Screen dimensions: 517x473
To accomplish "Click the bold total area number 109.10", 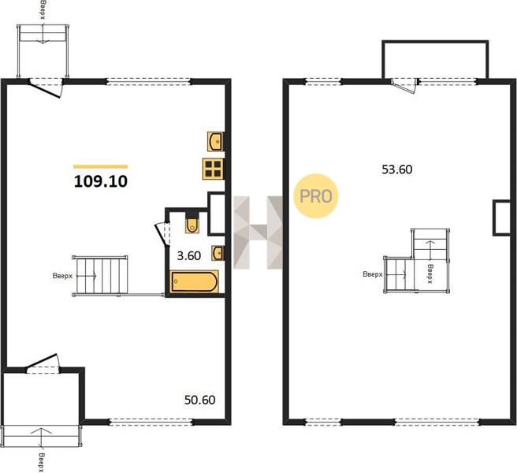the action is pyautogui.click(x=101, y=181).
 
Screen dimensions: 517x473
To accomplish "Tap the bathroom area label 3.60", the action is pyautogui.click(x=189, y=255).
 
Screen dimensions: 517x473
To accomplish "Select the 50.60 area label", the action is pyautogui.click(x=200, y=400).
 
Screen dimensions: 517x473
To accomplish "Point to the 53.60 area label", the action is pyautogui.click(x=397, y=169).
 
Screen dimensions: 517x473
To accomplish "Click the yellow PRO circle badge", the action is pyautogui.click(x=316, y=196).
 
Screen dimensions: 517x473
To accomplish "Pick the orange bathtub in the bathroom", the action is pyautogui.click(x=195, y=281).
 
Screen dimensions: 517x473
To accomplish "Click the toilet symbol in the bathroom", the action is pyautogui.click(x=192, y=223).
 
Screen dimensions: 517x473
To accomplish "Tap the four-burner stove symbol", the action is pyautogui.click(x=213, y=169).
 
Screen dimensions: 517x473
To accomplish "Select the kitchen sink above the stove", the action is pyautogui.click(x=216, y=141).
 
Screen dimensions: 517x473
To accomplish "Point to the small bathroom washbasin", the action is pyautogui.click(x=218, y=253).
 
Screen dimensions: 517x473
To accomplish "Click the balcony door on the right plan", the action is pyautogui.click(x=404, y=86).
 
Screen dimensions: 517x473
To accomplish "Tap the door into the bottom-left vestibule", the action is pyautogui.click(x=43, y=363).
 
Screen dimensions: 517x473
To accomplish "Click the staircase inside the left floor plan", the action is pyautogui.click(x=100, y=276).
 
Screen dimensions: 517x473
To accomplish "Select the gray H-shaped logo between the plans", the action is pyautogui.click(x=258, y=233).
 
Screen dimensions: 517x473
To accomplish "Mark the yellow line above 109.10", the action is pyautogui.click(x=101, y=166).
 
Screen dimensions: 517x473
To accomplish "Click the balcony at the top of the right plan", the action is pyautogui.click(x=435, y=59).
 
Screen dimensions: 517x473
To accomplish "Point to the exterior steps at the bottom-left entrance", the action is pyautogui.click(x=41, y=436).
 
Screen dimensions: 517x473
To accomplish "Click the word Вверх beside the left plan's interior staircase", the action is pyautogui.click(x=62, y=276).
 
